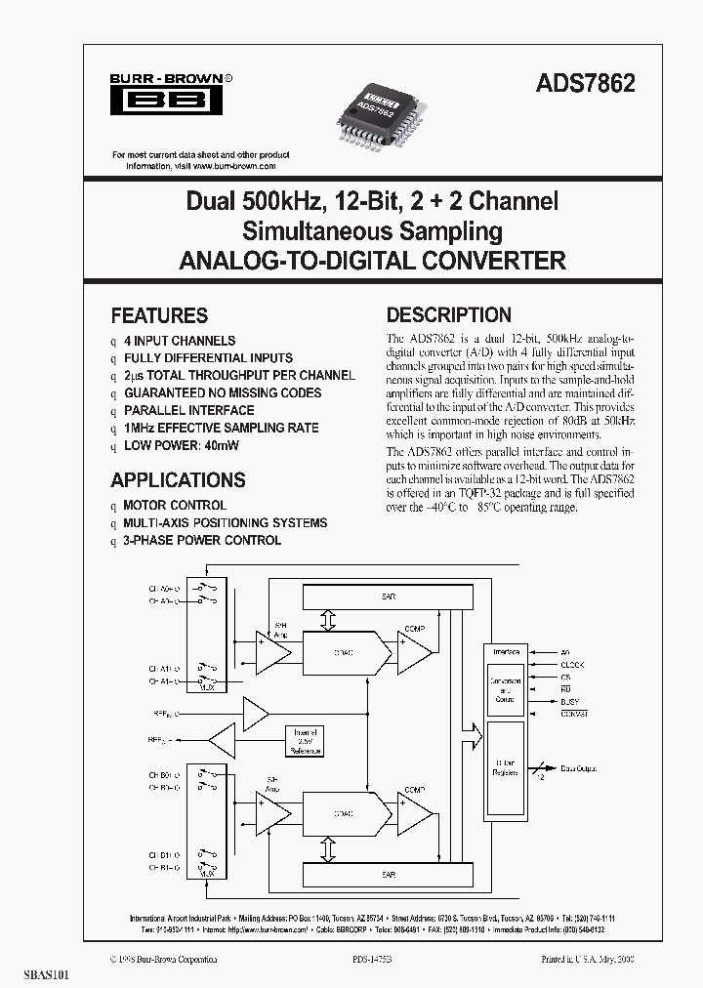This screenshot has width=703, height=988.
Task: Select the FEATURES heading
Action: (x=159, y=315)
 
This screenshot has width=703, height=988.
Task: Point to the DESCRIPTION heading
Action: (x=449, y=315)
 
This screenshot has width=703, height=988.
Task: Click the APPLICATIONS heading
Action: (x=178, y=480)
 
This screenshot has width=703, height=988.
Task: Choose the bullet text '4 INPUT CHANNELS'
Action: (x=180, y=341)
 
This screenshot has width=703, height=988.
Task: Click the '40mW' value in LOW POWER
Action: (x=222, y=445)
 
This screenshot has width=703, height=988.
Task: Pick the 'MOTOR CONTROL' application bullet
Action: (x=175, y=506)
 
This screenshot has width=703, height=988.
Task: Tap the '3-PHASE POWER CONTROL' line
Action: (x=202, y=540)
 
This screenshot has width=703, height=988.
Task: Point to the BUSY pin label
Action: (x=570, y=701)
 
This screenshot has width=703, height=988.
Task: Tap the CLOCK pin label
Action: (x=572, y=664)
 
